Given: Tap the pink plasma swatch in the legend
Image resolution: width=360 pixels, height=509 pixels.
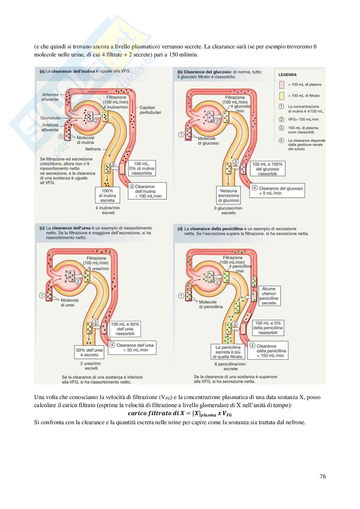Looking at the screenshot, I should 282,85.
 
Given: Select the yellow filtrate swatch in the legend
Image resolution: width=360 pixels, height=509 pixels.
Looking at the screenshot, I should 282,95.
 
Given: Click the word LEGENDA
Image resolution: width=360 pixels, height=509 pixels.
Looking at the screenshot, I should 287,75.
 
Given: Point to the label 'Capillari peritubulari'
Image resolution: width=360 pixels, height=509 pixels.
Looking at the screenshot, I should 150,110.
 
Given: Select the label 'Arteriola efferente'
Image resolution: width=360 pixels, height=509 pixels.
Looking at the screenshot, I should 50,97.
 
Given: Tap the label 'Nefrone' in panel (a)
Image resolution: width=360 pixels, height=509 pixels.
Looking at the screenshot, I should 93,149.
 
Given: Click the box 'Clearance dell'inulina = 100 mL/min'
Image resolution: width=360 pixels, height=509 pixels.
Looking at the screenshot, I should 148,191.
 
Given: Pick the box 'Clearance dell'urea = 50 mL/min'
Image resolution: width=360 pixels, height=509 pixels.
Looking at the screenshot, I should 133,347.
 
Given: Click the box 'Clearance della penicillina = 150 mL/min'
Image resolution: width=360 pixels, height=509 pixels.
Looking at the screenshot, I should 268,351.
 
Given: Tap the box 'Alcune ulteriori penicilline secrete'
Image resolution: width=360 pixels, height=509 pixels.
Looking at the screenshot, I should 269,296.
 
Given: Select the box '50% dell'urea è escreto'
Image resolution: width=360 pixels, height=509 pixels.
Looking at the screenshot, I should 89,352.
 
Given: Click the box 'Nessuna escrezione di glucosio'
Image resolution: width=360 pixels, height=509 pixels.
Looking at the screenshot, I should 229,195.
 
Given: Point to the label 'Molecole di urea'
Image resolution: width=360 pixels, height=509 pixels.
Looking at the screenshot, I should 69,303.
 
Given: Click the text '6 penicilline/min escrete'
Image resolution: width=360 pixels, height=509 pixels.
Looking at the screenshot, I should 230,366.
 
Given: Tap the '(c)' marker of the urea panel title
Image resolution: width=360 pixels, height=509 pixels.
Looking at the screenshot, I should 42,228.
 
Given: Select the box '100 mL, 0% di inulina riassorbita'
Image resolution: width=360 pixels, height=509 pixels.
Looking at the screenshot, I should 142,168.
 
